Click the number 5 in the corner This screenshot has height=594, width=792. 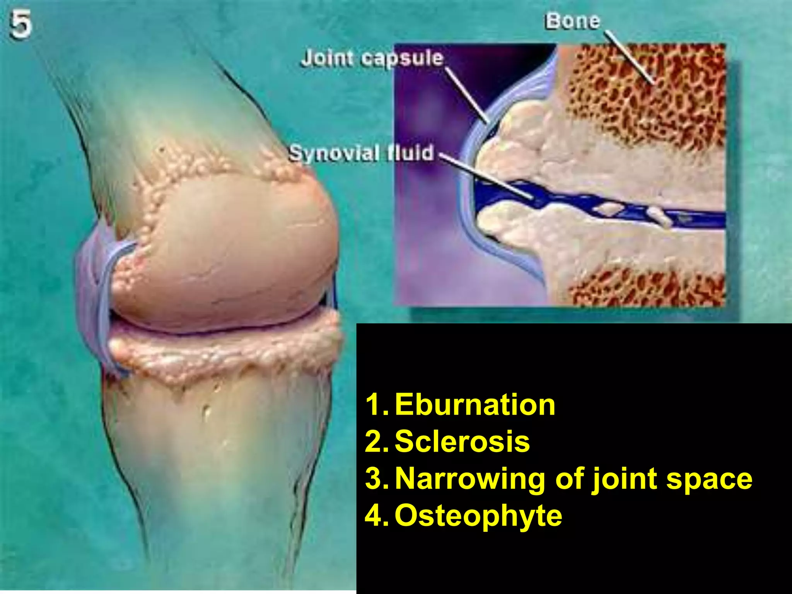point(20,25)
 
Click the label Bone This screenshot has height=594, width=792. point(572,21)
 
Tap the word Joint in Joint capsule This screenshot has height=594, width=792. point(327,58)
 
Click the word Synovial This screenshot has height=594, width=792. point(334,153)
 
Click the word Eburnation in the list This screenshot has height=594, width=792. point(475,405)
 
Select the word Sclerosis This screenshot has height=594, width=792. point(462,441)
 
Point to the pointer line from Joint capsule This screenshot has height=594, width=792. point(467,95)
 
